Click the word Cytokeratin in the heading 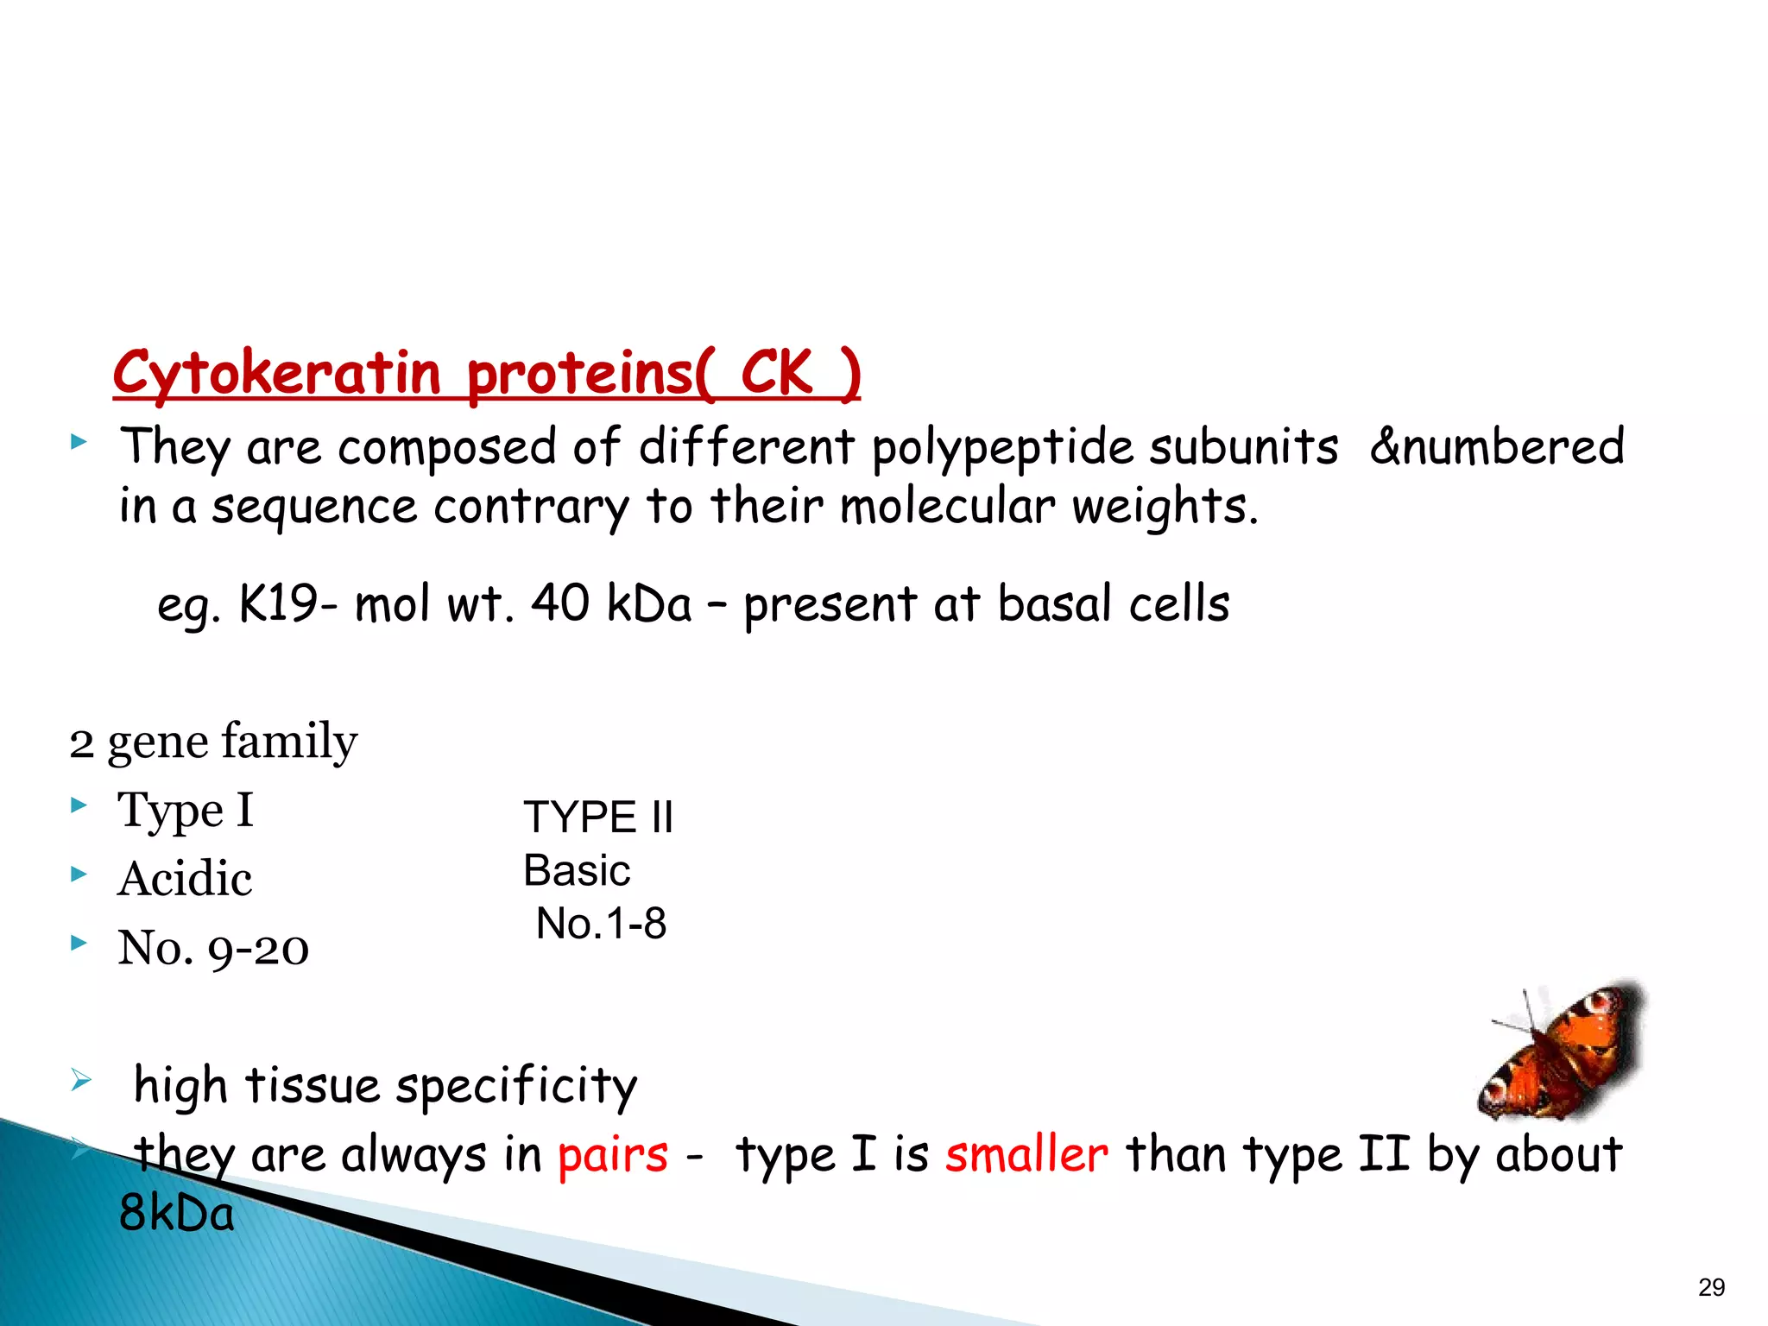click(x=276, y=373)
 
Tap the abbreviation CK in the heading click(x=776, y=373)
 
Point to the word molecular click(x=947, y=506)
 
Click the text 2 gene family click(x=213, y=742)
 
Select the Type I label click(x=186, y=811)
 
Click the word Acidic click(x=185, y=879)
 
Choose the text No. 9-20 click(x=213, y=948)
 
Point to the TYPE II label click(x=597, y=817)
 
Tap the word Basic click(x=577, y=870)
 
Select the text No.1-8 click(x=601, y=924)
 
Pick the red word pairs click(x=613, y=1154)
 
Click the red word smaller click(x=1026, y=1154)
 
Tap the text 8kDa click(x=176, y=1213)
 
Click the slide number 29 click(x=1711, y=1287)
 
